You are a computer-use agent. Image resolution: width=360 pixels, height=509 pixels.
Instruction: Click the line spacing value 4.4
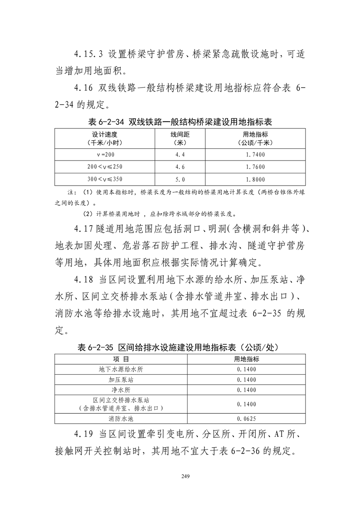pyautogui.click(x=180, y=155)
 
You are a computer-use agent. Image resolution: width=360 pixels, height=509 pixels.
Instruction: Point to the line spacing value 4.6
pyautogui.click(x=180, y=167)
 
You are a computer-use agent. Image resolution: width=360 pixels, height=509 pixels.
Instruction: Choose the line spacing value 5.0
pyautogui.click(x=180, y=179)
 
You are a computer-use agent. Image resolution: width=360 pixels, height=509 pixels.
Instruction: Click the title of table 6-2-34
pyautogui.click(x=180, y=122)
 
